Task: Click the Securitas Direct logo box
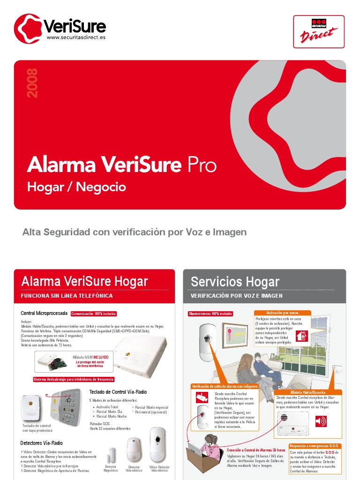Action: (319, 31)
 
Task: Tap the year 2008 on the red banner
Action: (32, 83)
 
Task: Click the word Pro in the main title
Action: (202, 165)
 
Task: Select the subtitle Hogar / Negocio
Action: (76, 187)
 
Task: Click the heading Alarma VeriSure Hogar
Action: (84, 281)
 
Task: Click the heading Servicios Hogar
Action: (235, 281)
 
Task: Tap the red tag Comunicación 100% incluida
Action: (93, 314)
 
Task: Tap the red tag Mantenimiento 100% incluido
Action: (210, 314)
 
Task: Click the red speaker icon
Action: (321, 421)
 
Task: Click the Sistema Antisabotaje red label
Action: (74, 379)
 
